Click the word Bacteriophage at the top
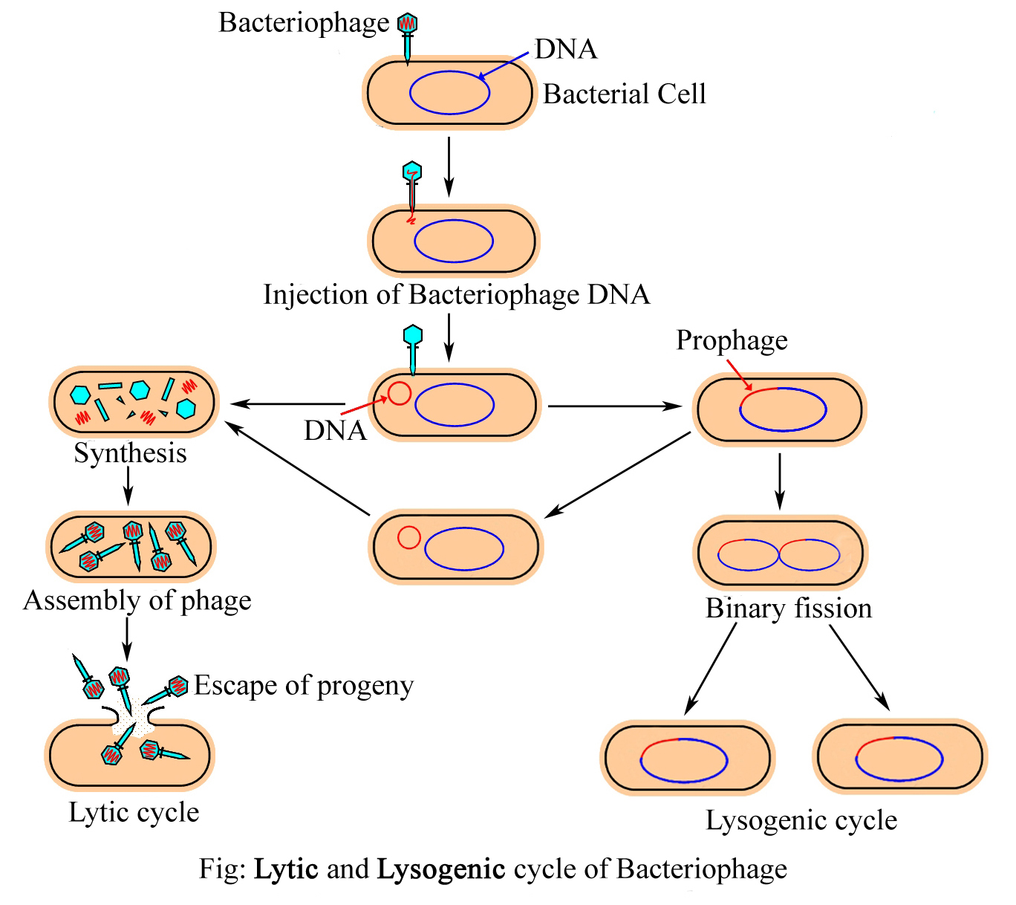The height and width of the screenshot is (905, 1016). (x=303, y=24)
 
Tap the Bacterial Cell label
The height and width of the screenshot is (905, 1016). (x=624, y=94)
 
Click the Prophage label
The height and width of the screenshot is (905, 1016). (x=732, y=340)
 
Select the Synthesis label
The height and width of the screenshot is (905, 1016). (x=130, y=453)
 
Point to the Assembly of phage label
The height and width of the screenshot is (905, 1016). (x=137, y=600)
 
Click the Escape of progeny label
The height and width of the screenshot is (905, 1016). (x=303, y=686)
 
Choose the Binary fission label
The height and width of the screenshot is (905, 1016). (x=788, y=609)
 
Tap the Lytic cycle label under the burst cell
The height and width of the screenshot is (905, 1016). (x=134, y=812)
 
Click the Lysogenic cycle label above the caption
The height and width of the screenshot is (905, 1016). (x=801, y=820)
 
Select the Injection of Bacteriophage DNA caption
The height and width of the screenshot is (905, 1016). (x=456, y=295)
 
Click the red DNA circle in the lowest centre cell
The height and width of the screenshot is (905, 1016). (x=409, y=537)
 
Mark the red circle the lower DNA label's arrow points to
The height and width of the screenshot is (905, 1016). (x=400, y=393)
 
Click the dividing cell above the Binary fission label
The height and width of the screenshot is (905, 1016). (x=780, y=554)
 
